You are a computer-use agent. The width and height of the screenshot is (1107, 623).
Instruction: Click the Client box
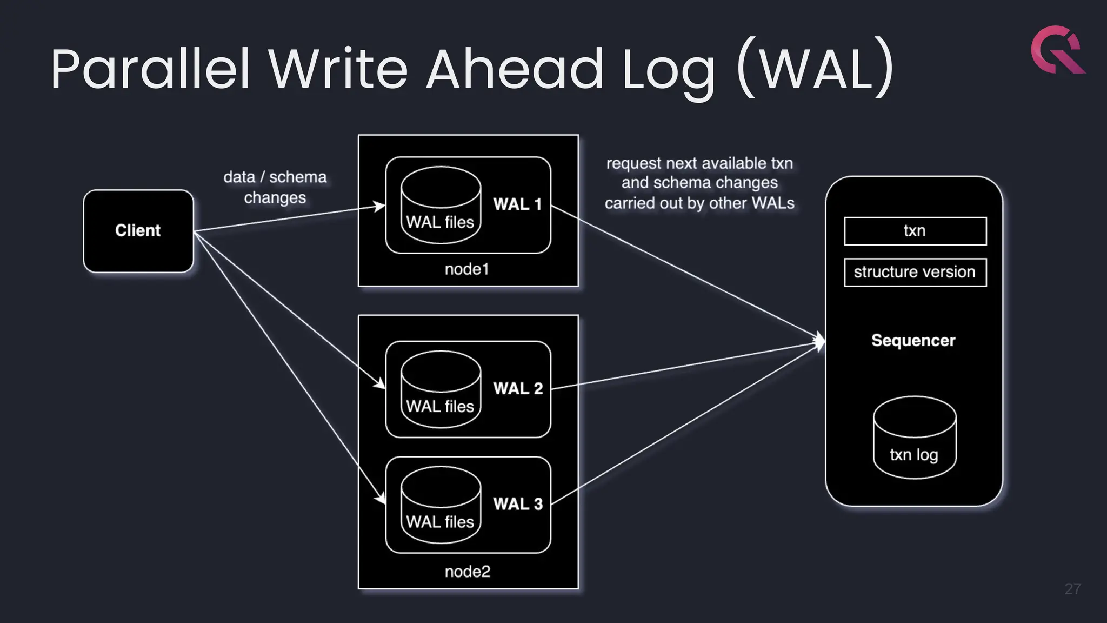138,231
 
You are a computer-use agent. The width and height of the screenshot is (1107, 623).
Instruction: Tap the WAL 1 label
517,204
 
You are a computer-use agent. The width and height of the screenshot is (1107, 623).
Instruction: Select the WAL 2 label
518,389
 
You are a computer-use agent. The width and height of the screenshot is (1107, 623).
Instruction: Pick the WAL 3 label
518,504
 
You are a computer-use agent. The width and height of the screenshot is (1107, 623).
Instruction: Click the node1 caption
467,269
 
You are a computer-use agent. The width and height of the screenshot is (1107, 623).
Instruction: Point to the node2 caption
468,572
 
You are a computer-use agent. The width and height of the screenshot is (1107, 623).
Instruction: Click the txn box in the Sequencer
915,231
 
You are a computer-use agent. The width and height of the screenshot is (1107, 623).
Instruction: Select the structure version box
915,272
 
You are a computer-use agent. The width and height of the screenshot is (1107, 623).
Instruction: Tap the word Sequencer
913,341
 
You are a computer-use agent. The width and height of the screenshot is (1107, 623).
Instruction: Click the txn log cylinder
914,438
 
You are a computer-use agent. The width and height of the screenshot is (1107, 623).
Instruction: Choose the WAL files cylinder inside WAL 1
441,206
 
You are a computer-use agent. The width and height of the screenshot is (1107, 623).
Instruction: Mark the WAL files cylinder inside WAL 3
441,505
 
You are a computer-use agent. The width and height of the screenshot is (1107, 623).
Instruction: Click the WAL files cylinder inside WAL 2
441,390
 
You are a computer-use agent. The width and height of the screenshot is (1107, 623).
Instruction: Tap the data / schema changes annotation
275,187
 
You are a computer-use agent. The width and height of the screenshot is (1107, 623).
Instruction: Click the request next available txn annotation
699,183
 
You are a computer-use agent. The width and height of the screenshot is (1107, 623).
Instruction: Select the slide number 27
1072,589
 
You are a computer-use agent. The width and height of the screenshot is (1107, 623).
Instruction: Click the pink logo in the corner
1057,50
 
